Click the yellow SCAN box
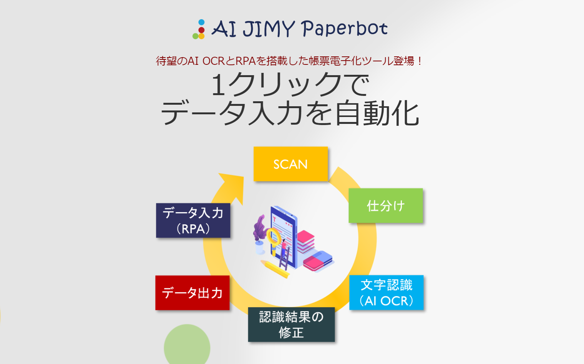[x=290, y=164]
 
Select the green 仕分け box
[x=385, y=206]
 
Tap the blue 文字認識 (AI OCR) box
[x=386, y=292]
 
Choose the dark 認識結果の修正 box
[x=291, y=324]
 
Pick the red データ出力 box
[x=192, y=293]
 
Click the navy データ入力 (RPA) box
[x=193, y=221]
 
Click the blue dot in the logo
[x=201, y=22]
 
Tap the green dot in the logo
[x=196, y=36]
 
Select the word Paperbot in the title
[x=344, y=29]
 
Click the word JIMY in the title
[x=268, y=29]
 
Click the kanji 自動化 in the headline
[x=377, y=114]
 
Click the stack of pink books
[x=306, y=242]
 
